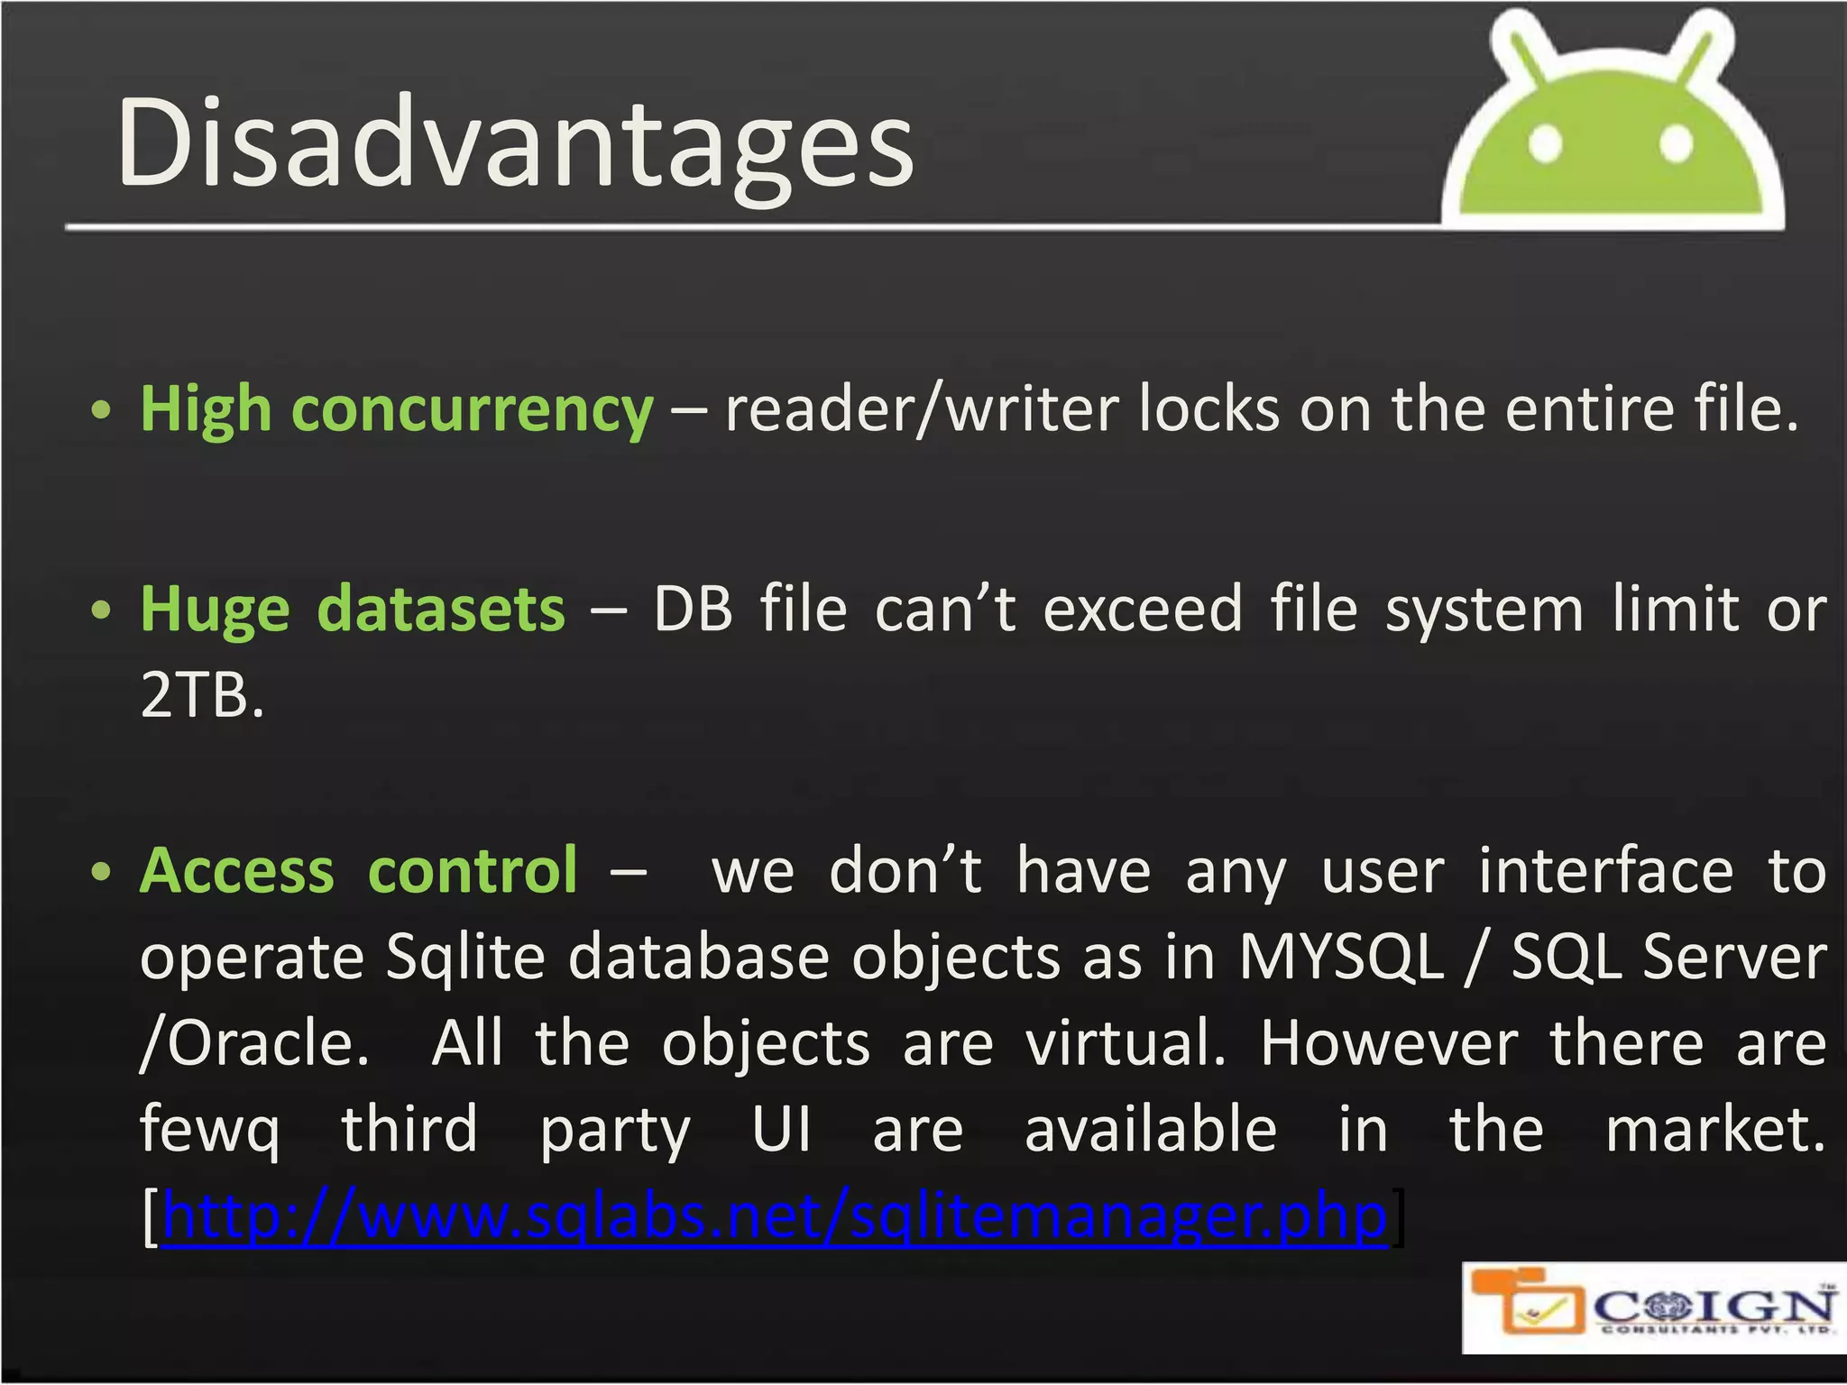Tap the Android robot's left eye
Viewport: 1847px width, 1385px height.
point(1545,143)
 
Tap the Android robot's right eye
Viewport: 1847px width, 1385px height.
point(1676,143)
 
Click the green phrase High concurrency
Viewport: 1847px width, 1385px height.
point(397,411)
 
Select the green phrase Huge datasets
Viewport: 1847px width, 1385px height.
point(353,610)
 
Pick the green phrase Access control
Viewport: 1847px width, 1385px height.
point(358,872)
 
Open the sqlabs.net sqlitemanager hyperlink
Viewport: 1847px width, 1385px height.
point(774,1217)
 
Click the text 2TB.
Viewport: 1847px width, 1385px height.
point(202,696)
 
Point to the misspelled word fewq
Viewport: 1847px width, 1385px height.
point(209,1131)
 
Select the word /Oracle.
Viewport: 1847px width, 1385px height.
point(254,1044)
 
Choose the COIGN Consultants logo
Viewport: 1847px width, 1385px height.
point(1653,1307)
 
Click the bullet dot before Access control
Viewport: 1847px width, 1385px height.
point(102,873)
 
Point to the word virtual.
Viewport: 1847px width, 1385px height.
point(1126,1044)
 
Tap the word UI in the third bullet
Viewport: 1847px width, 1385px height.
point(781,1131)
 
